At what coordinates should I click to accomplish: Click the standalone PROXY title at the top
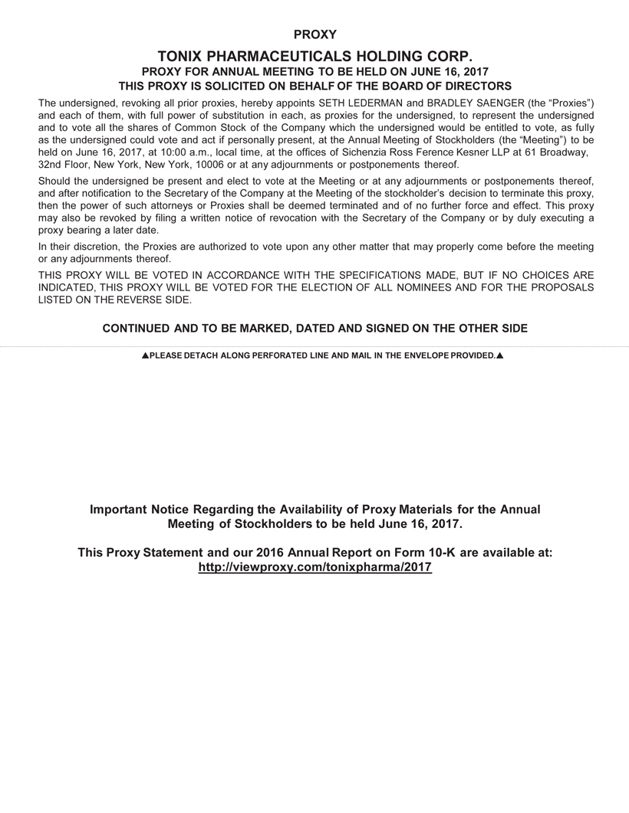tap(314, 34)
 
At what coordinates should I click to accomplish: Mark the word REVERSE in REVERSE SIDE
tap(134, 299)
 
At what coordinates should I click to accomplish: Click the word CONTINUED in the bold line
tap(136, 329)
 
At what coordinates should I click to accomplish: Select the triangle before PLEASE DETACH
tap(144, 356)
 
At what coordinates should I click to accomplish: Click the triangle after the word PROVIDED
tap(500, 356)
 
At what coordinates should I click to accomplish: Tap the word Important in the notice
tap(119, 510)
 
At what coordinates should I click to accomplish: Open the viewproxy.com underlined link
tap(314, 567)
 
